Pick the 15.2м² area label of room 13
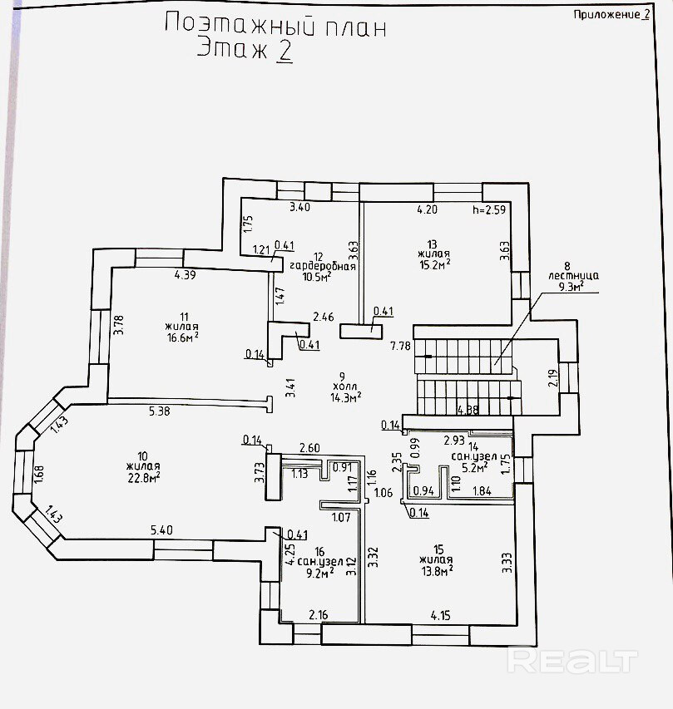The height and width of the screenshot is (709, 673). pyautogui.click(x=434, y=265)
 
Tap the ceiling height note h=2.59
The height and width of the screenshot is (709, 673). pyautogui.click(x=488, y=209)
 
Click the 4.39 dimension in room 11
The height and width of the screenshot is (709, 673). pyautogui.click(x=185, y=275)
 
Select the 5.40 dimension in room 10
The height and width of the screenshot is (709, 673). pyautogui.click(x=161, y=529)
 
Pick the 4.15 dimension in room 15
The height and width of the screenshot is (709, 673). pyautogui.click(x=441, y=616)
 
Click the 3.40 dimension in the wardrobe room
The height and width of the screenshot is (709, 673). pyautogui.click(x=299, y=207)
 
